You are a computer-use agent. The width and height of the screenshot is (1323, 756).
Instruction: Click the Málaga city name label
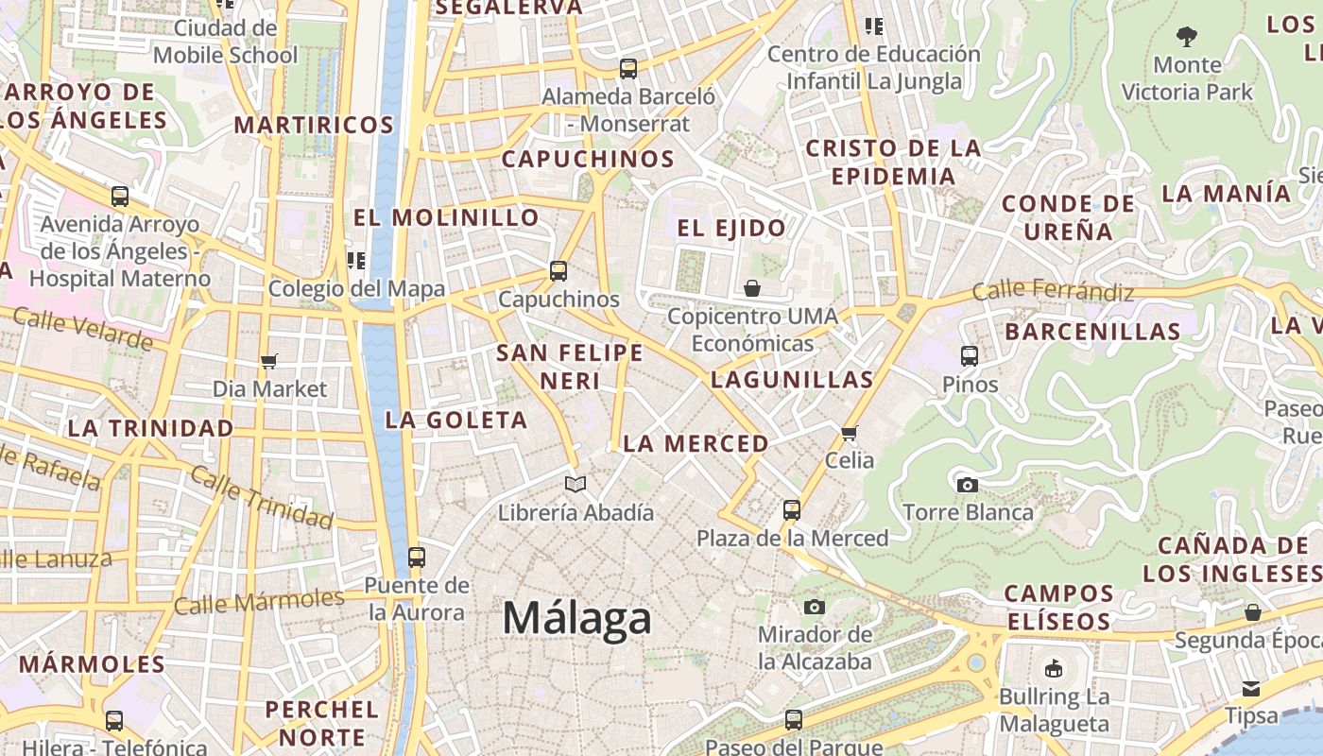(576, 618)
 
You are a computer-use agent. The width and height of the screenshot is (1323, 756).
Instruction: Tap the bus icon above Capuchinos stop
(558, 271)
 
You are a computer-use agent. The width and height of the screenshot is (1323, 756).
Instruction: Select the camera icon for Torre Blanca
(968, 485)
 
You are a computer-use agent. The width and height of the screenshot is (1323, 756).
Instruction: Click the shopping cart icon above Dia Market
(269, 361)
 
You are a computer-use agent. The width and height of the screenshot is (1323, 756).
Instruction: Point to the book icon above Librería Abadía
(576, 485)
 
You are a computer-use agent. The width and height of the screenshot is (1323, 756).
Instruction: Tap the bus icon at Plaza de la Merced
(792, 510)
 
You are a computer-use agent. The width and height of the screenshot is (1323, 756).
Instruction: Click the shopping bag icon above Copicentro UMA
(752, 288)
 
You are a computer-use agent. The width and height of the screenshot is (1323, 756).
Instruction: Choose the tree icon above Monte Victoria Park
(1187, 38)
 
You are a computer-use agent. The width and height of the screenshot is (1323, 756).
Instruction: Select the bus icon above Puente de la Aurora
(416, 558)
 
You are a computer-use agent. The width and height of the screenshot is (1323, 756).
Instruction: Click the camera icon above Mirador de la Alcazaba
(815, 607)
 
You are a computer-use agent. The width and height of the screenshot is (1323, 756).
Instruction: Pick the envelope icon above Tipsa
(1251, 688)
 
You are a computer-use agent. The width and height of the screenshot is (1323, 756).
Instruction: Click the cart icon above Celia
(849, 434)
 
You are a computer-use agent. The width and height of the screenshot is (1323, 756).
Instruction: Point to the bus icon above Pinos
(970, 356)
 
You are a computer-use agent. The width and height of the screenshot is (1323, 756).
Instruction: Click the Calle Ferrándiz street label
(1053, 290)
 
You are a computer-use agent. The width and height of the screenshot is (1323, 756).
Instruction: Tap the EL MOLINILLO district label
(446, 217)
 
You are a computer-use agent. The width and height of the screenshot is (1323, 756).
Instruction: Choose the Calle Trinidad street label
(262, 497)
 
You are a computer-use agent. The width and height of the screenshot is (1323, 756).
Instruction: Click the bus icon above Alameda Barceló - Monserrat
(628, 69)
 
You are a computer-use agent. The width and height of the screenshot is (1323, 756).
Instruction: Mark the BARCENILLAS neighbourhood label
(1092, 332)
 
